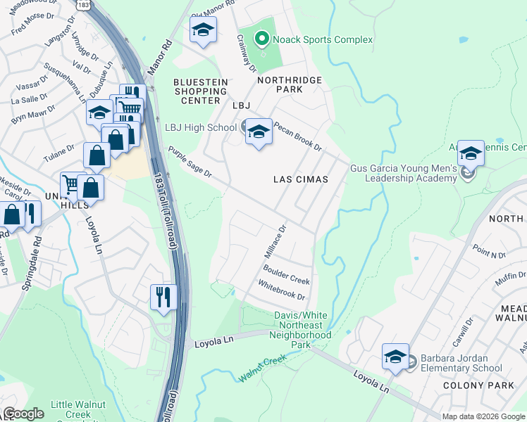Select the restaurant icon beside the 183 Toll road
(161, 296)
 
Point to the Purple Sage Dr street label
(190, 162)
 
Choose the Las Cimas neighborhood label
(301, 179)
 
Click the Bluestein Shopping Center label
(201, 91)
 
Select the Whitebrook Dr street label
(281, 292)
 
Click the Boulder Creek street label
(286, 275)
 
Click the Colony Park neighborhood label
(471, 385)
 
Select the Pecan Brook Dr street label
(297, 138)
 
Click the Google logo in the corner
(23, 413)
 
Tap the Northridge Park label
(289, 84)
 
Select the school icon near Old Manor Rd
(203, 30)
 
